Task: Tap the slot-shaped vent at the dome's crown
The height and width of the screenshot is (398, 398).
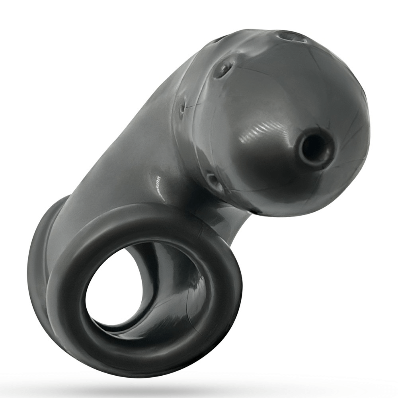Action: point(292,37)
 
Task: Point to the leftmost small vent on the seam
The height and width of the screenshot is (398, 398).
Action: point(182,107)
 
